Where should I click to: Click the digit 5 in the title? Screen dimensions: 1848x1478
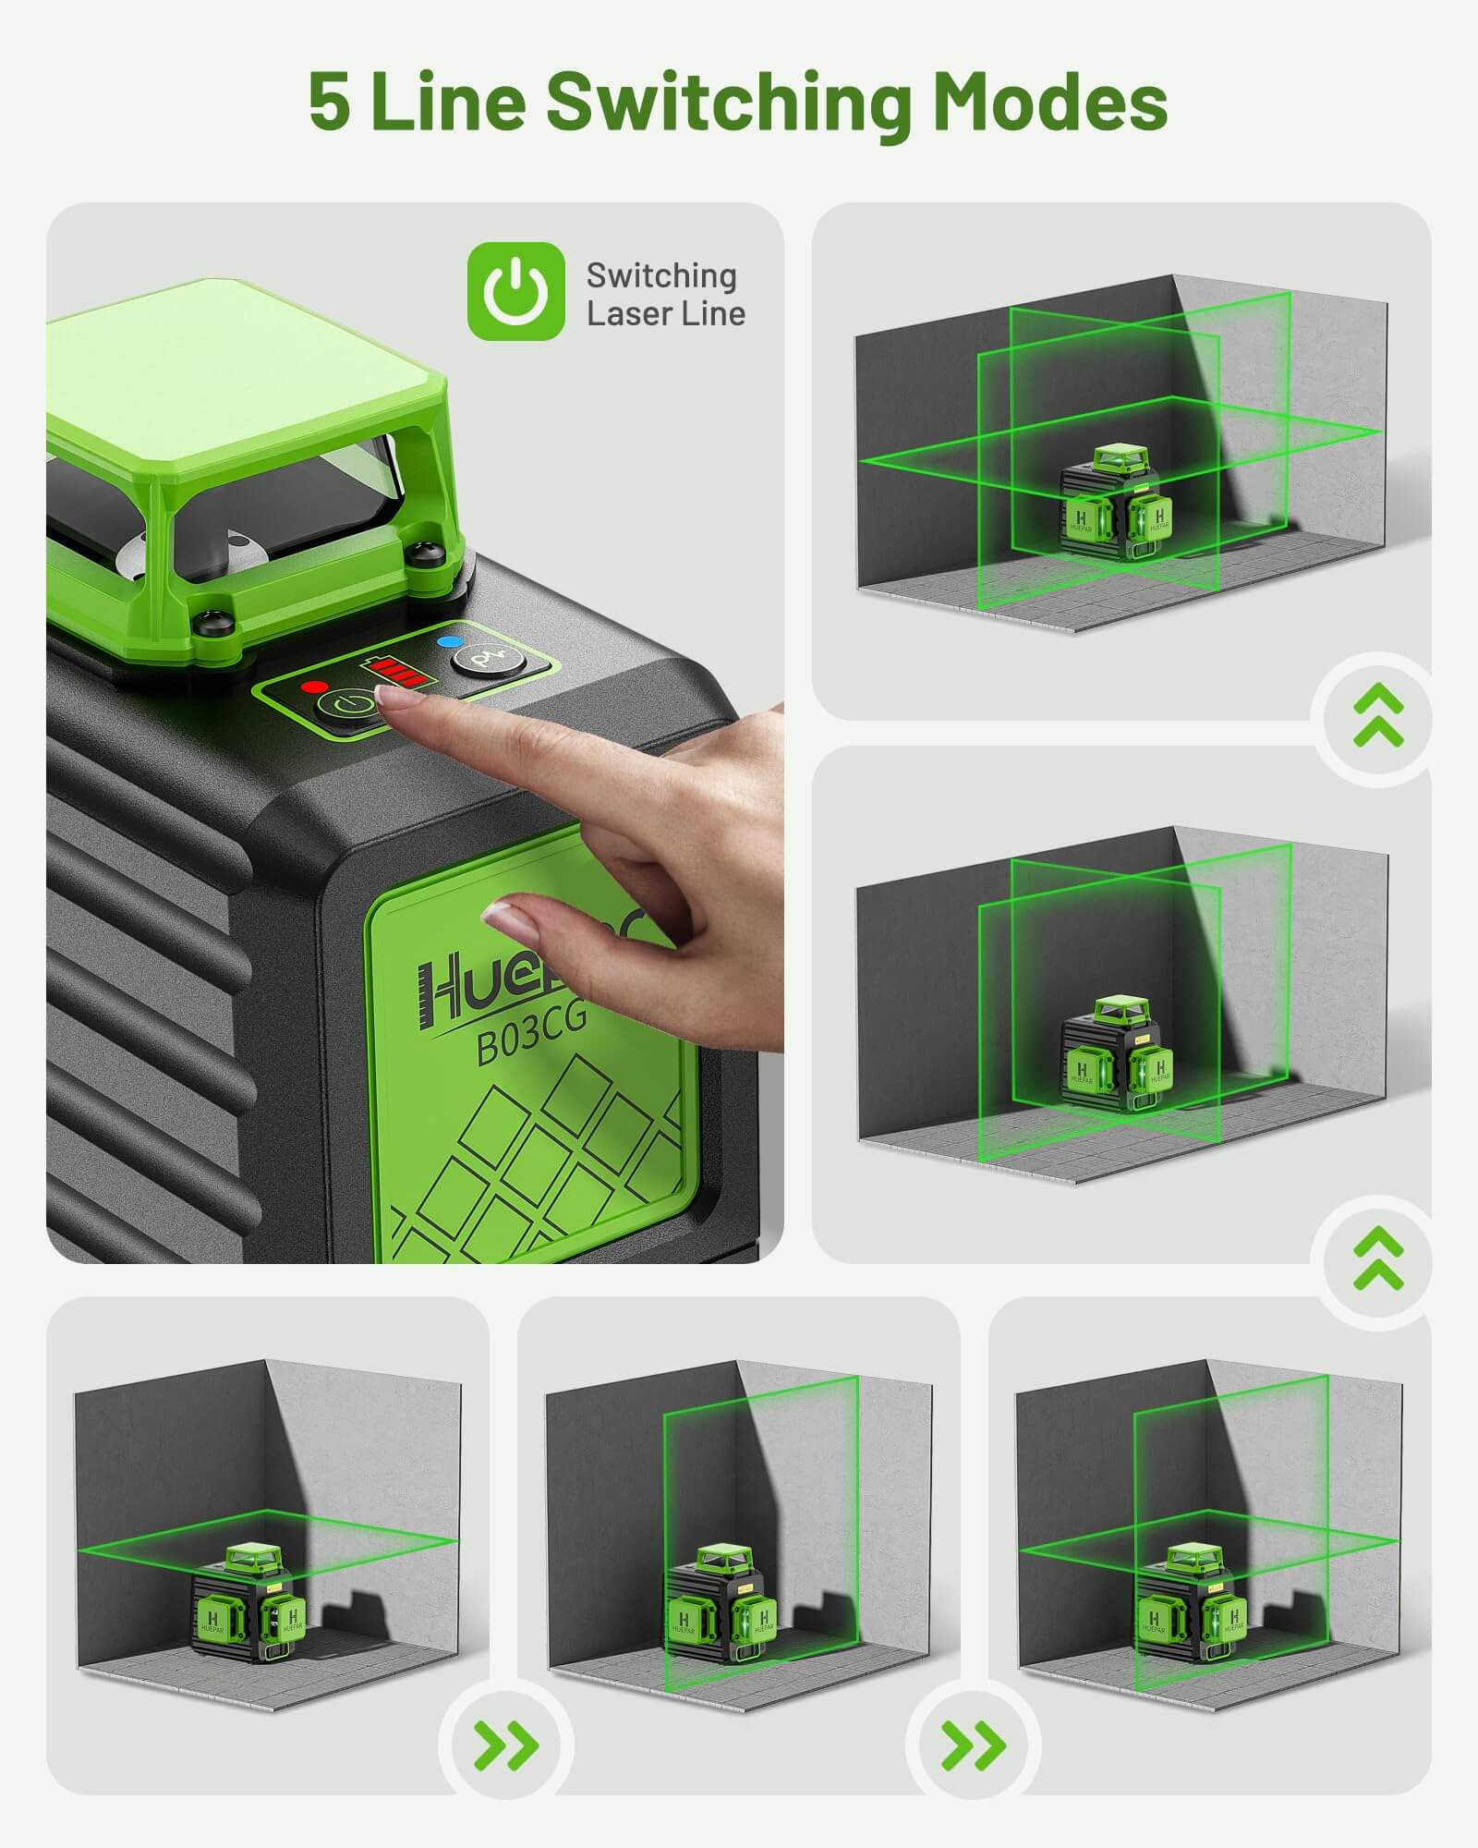coord(330,102)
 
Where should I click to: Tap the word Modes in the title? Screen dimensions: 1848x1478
coord(1049,102)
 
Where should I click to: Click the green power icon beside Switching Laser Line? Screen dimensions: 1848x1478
coord(515,291)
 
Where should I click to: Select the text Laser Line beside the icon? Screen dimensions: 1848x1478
coord(665,314)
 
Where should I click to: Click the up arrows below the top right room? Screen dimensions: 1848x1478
coord(1377,718)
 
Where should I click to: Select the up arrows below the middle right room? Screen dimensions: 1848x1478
coord(1377,1260)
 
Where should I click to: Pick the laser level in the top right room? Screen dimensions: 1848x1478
coord(1116,504)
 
